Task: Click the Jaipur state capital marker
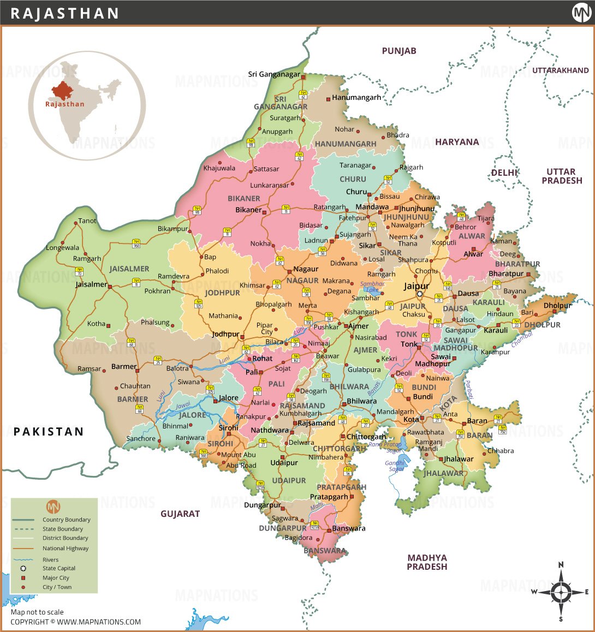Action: pyautogui.click(x=420, y=295)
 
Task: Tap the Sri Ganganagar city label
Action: pyautogui.click(x=274, y=74)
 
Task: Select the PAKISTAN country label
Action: pyautogui.click(x=49, y=432)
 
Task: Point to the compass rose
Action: pyautogui.click(x=561, y=592)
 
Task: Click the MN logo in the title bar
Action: pyautogui.click(x=581, y=13)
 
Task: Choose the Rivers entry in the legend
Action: pyautogui.click(x=50, y=559)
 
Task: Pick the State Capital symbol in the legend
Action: pyautogui.click(x=23, y=568)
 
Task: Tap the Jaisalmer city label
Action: pyautogui.click(x=91, y=284)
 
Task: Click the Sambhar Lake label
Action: pyautogui.click(x=372, y=287)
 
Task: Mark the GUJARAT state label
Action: pyautogui.click(x=180, y=514)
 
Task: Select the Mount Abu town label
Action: pyautogui.click(x=238, y=455)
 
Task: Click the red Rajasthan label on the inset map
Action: pyautogui.click(x=65, y=104)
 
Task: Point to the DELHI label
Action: pyautogui.click(x=504, y=172)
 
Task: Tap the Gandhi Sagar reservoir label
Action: pyautogui.click(x=396, y=466)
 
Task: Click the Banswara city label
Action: pyautogui.click(x=348, y=528)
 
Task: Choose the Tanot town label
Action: pyautogui.click(x=87, y=221)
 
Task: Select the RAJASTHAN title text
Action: pyautogui.click(x=65, y=14)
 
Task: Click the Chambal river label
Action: pyautogui.click(x=521, y=339)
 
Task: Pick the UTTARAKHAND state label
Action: pyautogui.click(x=560, y=70)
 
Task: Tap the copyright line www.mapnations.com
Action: pyautogui.click(x=75, y=622)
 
